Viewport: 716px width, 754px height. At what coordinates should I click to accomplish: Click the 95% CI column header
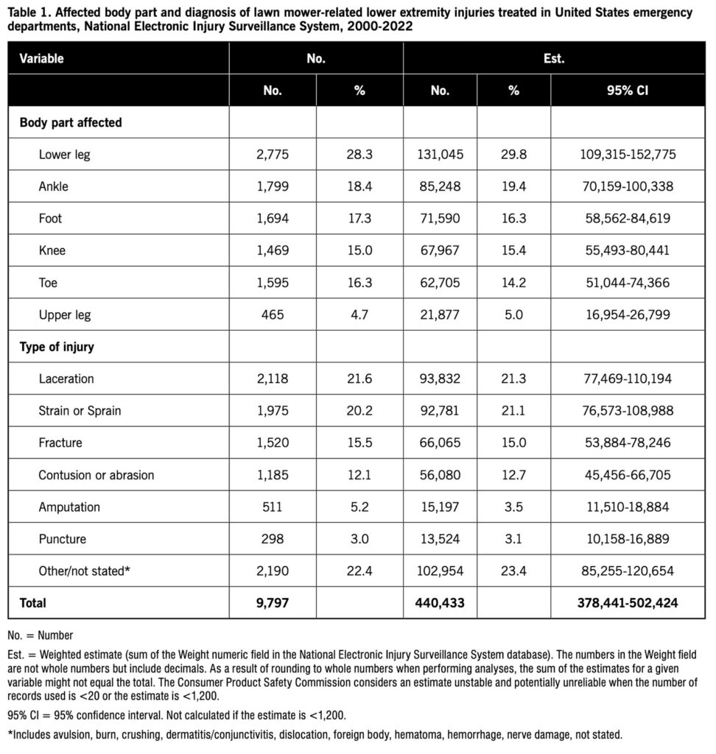[628, 91]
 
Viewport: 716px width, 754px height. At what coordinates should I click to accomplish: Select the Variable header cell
[42, 58]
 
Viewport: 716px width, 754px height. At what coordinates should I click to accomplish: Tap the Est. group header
[554, 58]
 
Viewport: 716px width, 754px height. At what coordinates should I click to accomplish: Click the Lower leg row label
[64, 155]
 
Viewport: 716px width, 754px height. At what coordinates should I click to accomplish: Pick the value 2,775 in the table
[273, 155]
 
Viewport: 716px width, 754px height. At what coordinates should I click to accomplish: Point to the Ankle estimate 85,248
[440, 187]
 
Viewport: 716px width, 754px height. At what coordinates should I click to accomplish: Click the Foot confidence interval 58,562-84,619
[628, 219]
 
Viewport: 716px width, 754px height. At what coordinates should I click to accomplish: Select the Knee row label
[52, 251]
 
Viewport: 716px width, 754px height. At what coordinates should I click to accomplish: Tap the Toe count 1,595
[273, 283]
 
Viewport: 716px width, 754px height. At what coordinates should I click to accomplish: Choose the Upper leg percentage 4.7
[359, 315]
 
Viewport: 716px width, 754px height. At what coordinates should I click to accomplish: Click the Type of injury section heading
[57, 347]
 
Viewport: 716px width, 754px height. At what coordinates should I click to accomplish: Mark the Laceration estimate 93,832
[440, 379]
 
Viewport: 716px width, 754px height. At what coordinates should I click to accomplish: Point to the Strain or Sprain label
[80, 411]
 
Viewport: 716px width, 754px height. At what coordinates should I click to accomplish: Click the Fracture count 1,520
[273, 443]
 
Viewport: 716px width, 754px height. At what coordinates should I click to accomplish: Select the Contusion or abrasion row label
[96, 475]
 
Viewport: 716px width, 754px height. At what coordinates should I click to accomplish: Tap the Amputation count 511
[273, 507]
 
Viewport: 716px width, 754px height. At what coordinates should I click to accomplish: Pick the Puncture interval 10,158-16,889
[628, 539]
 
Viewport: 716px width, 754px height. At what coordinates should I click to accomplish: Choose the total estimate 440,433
[440, 603]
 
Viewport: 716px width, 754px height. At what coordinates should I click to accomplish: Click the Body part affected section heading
[71, 123]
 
